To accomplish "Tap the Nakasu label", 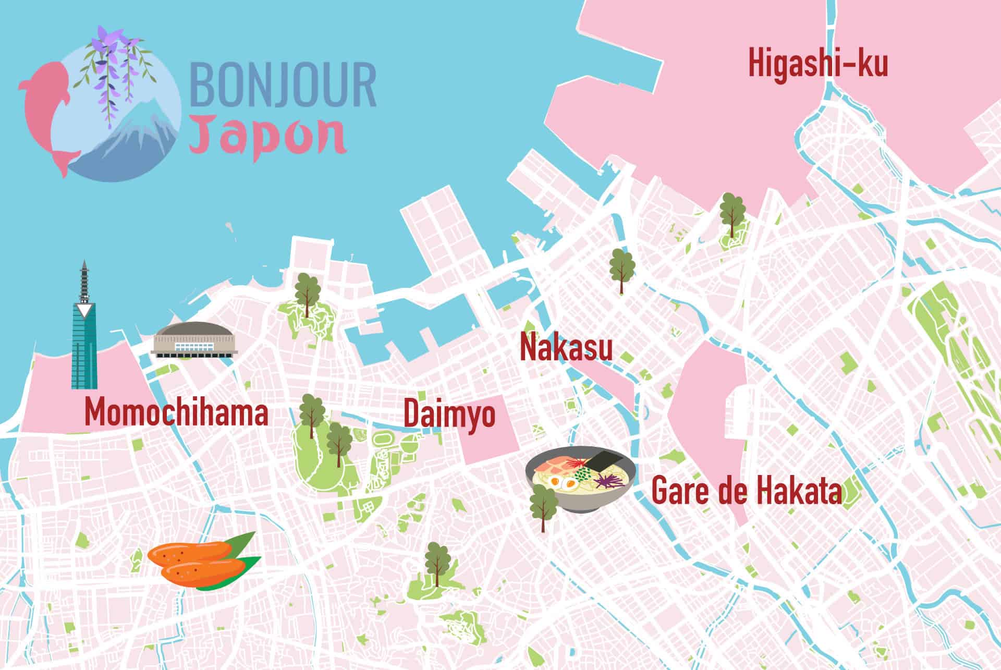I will click(566, 348).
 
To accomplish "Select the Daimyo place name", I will click(449, 415).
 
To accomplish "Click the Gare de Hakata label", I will click(747, 492).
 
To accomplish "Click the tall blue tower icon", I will click(84, 334).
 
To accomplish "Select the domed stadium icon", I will click(194, 340).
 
